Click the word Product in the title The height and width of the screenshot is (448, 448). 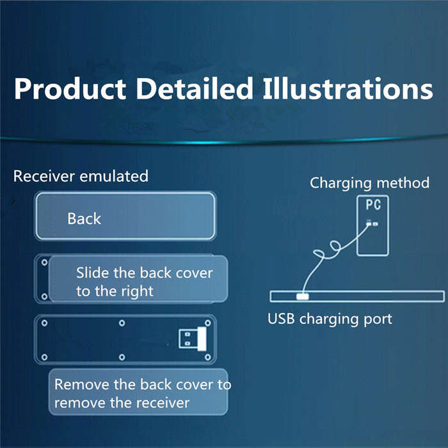pos(70,89)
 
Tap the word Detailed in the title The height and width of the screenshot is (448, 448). pos(195,88)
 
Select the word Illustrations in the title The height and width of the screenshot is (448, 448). pos(348,88)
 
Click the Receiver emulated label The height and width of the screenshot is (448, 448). pos(81,176)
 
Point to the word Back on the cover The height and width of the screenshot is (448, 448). pos(84,219)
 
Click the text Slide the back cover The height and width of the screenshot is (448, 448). pos(145,273)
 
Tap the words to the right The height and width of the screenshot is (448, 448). pos(115,292)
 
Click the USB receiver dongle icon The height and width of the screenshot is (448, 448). pos(193,339)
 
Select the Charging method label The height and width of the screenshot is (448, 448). pos(370,183)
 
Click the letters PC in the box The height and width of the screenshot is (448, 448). pos(373,205)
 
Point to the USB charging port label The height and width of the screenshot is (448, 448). pos(330,319)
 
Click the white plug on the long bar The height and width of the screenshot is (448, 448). pos(302,296)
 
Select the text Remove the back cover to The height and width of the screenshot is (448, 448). pos(143,385)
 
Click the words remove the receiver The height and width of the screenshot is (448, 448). pos(122,403)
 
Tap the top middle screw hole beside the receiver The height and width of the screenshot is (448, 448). pos(122,323)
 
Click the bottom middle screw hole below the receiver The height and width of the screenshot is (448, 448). pos(122,357)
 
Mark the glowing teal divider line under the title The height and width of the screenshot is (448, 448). pos(224,140)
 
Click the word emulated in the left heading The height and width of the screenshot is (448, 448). pos(114,176)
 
